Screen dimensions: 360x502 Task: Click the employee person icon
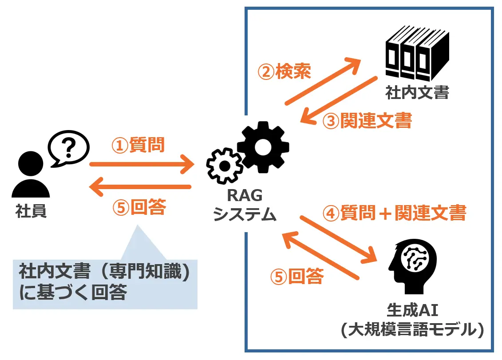(x=30, y=175)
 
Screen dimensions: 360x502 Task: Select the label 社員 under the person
(x=31, y=212)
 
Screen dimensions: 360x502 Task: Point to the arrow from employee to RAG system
(x=142, y=165)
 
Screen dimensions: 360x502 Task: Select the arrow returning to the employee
(x=140, y=187)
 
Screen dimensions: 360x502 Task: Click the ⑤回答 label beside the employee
(x=138, y=207)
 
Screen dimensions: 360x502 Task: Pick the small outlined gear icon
(x=225, y=166)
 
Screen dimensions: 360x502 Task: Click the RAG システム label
(x=245, y=205)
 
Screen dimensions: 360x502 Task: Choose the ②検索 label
(x=285, y=71)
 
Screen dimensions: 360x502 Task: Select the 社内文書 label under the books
(x=417, y=93)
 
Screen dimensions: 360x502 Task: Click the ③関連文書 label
(x=367, y=121)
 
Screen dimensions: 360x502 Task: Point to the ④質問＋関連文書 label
(x=394, y=213)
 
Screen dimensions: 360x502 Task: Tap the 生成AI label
(x=413, y=309)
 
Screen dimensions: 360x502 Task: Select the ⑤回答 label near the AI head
(x=296, y=277)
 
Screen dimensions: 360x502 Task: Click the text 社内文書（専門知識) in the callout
(x=105, y=272)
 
